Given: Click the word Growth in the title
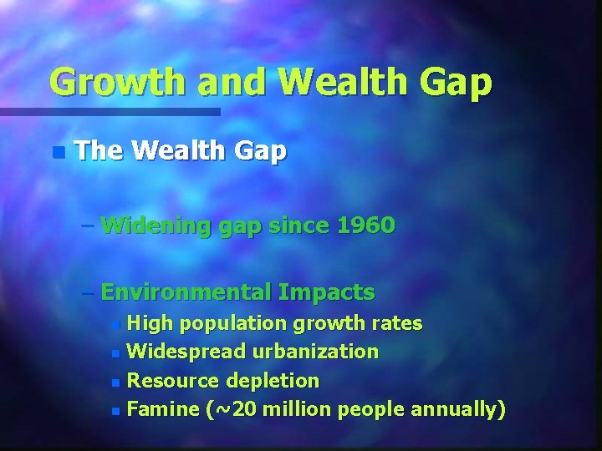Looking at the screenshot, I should click(113, 82).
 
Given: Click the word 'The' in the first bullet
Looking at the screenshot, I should click(99, 151).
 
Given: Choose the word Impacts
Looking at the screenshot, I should click(328, 292).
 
